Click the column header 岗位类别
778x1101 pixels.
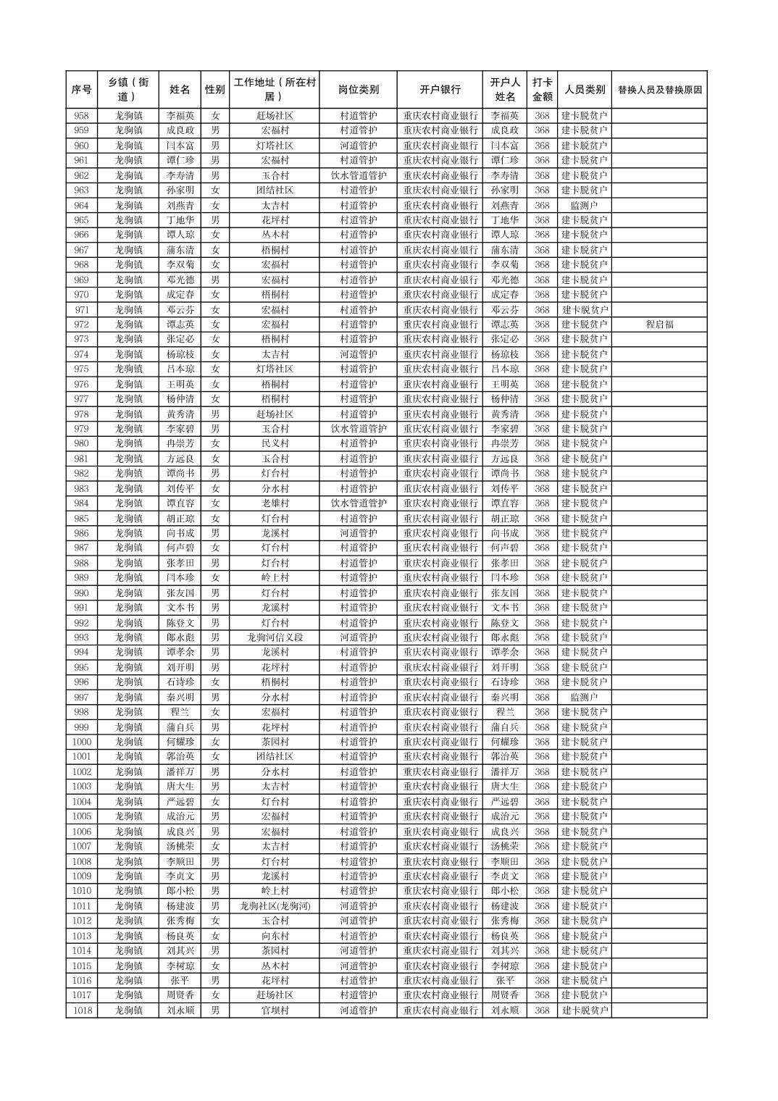pyautogui.click(x=358, y=90)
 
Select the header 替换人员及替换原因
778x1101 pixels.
pyautogui.click(x=659, y=90)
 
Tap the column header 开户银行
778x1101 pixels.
pyautogui.click(x=440, y=90)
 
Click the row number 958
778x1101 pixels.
pyautogui.click(x=81, y=116)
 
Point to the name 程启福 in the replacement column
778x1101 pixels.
pyautogui.click(x=659, y=325)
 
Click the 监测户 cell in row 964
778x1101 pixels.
pyautogui.click(x=584, y=206)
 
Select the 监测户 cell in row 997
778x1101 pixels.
pyautogui.click(x=584, y=698)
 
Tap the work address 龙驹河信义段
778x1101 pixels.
pyautogui.click(x=275, y=637)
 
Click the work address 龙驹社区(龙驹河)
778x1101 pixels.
pyautogui.click(x=275, y=906)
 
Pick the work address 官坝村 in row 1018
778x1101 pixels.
pyautogui.click(x=275, y=1010)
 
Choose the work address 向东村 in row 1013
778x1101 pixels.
pyautogui.click(x=275, y=936)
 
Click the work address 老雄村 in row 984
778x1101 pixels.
pyautogui.click(x=275, y=503)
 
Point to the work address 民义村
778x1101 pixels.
pyautogui.click(x=275, y=443)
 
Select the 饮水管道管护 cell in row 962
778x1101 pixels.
pyautogui.click(x=358, y=175)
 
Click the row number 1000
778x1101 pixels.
pyautogui.click(x=81, y=742)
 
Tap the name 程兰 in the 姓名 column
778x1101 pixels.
pyautogui.click(x=180, y=712)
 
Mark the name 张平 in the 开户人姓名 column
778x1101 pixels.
pyautogui.click(x=505, y=981)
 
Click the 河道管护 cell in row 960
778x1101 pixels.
pyautogui.click(x=358, y=146)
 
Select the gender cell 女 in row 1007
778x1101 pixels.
pyautogui.click(x=215, y=846)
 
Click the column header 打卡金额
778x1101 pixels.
pyautogui.click(x=542, y=90)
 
